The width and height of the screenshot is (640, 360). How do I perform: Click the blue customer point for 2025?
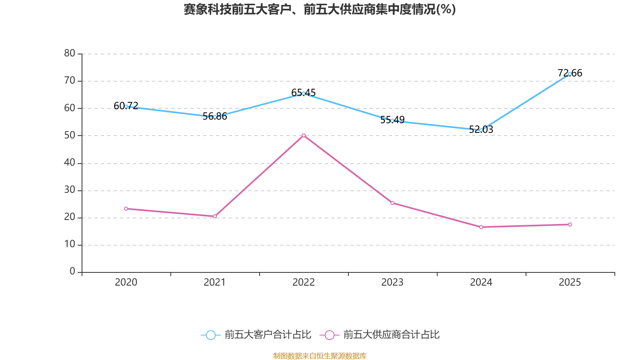570,74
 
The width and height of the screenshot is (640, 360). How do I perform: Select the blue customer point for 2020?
126,106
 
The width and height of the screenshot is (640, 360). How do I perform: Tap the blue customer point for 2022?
304,94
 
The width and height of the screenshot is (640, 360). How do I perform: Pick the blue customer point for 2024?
481,130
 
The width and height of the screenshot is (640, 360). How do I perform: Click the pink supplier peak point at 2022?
304,136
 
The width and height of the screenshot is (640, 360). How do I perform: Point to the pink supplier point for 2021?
215,216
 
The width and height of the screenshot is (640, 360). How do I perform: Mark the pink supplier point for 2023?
392,203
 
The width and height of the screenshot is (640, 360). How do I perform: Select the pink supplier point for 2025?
570,224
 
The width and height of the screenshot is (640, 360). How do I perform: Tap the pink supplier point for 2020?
126,209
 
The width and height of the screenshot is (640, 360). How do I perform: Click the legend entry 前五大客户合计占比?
256,335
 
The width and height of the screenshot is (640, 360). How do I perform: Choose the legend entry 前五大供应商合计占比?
380,335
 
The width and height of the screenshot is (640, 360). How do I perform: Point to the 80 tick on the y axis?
70,54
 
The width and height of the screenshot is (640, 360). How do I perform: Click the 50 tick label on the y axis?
70,136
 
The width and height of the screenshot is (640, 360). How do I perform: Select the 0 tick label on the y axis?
72,272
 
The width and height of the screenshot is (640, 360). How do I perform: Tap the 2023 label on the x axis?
392,282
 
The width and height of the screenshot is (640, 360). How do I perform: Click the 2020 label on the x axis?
126,282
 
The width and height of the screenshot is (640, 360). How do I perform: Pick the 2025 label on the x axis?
570,282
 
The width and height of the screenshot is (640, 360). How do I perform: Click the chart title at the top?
320,9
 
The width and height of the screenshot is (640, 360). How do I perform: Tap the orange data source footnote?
320,356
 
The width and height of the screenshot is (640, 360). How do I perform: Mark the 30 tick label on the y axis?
70,190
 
